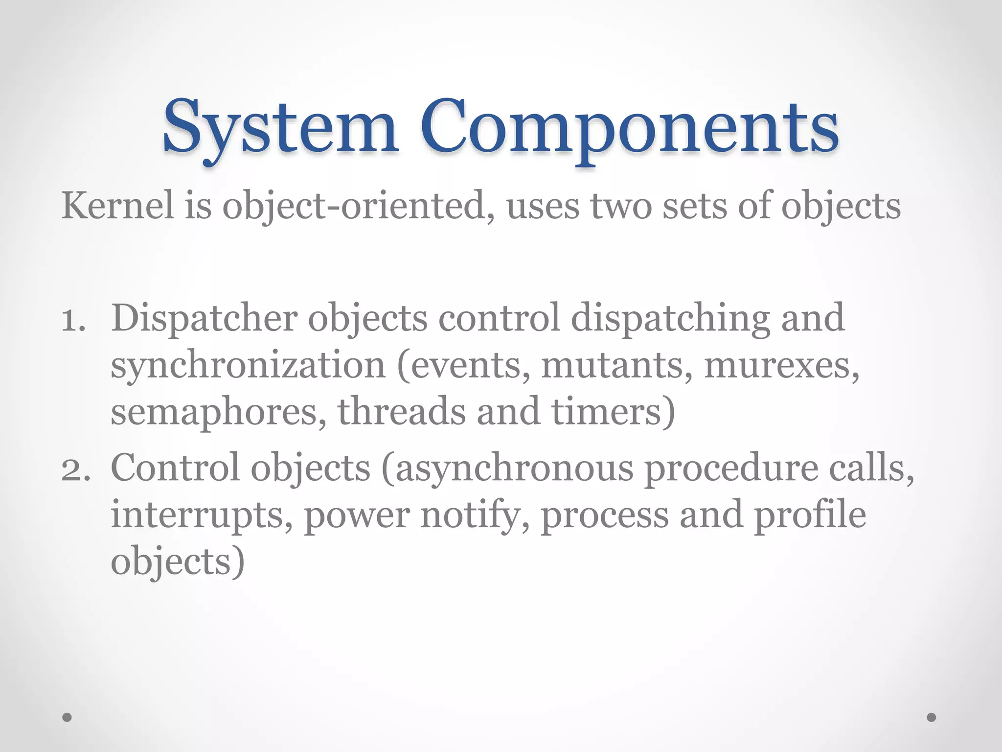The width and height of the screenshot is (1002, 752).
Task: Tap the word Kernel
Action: tap(117, 206)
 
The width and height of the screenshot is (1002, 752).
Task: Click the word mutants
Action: tap(616, 366)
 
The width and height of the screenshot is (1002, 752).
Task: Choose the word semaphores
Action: tap(218, 412)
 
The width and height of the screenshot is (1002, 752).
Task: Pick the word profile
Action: tap(810, 516)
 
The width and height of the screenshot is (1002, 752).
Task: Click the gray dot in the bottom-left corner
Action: tap(67, 717)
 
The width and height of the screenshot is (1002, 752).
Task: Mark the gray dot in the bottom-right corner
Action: tap(932, 717)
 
